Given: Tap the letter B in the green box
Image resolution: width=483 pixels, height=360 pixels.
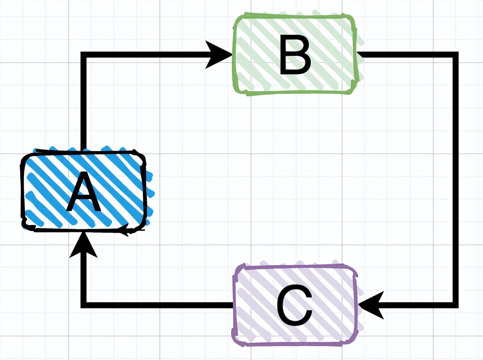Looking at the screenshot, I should (x=295, y=55).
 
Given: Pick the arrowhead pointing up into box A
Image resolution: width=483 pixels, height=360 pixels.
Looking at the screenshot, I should (x=84, y=245).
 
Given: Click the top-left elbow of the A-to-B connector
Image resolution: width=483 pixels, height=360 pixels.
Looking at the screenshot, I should (x=84, y=55).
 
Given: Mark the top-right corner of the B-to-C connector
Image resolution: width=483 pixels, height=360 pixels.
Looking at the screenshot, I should (x=456, y=55).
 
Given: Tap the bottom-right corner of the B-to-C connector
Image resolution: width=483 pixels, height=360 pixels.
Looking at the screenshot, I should (x=456, y=305).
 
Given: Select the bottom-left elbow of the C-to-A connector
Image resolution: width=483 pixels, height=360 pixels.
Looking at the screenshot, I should (x=84, y=305).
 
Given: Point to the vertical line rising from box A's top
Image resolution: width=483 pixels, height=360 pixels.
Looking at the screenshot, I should (x=84, y=103).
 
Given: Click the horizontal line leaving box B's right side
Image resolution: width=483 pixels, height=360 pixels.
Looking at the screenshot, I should (x=406, y=55).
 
